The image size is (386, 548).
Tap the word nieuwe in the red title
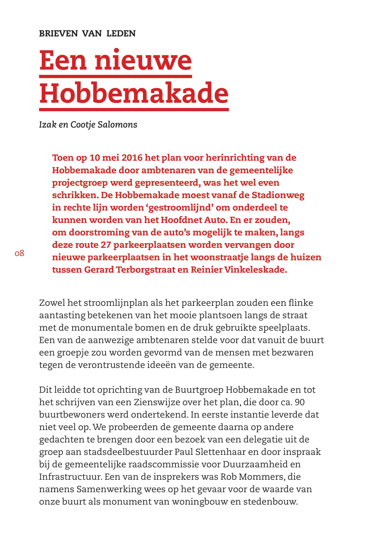click(143, 61)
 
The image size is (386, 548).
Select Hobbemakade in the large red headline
click(134, 93)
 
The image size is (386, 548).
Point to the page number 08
click(20, 253)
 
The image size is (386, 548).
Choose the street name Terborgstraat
click(146, 270)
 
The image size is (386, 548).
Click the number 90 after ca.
click(300, 402)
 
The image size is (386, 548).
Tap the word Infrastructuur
click(71, 477)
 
